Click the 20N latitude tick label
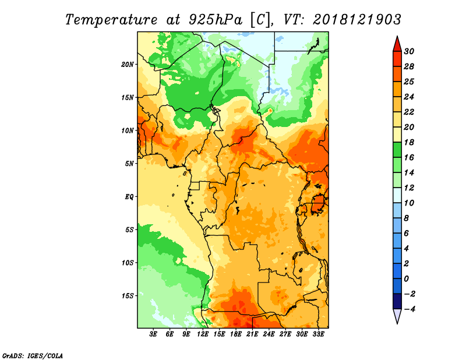coord(128,65)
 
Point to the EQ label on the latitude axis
coord(129,197)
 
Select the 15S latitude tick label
coord(128,296)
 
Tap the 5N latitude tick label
coord(129,164)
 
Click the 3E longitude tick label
coord(153,334)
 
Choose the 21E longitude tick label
coord(252,334)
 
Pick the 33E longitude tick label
coord(318,334)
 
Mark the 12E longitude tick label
coord(203,334)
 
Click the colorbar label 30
coord(409,51)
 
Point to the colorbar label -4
coord(409,309)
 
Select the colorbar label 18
coord(409,142)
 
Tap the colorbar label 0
coord(407,279)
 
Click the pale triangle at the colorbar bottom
coord(397,315)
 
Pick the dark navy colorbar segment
coord(397,301)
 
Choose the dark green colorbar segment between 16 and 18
coord(397,150)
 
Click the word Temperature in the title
coord(111,20)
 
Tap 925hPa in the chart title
coord(216,20)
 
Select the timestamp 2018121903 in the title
coord(357,20)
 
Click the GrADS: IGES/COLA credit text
coord(33,355)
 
